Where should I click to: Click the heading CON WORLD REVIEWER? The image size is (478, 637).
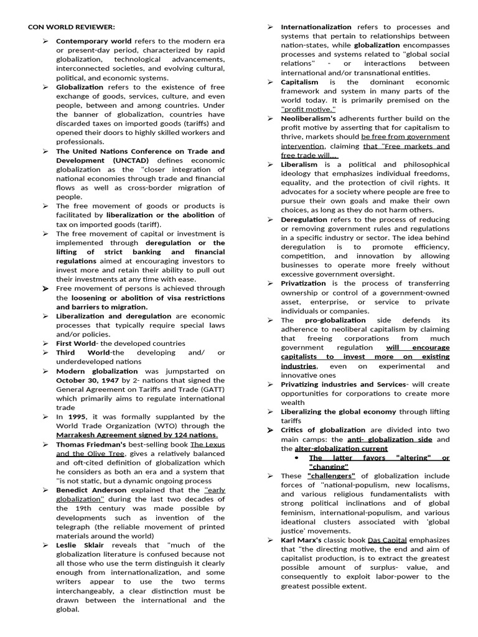click(x=71, y=27)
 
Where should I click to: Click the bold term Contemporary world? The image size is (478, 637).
click(x=94, y=41)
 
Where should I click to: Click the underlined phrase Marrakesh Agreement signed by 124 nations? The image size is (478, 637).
click(x=137, y=435)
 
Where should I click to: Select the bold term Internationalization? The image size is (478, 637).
click(x=316, y=27)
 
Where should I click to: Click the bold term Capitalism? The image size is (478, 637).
click(x=299, y=82)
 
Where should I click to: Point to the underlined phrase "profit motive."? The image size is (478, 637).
click(x=309, y=109)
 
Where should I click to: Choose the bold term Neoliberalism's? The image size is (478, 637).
click(x=309, y=118)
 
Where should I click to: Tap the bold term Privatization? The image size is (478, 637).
click(x=303, y=284)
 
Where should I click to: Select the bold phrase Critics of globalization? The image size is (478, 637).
click(x=323, y=430)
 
